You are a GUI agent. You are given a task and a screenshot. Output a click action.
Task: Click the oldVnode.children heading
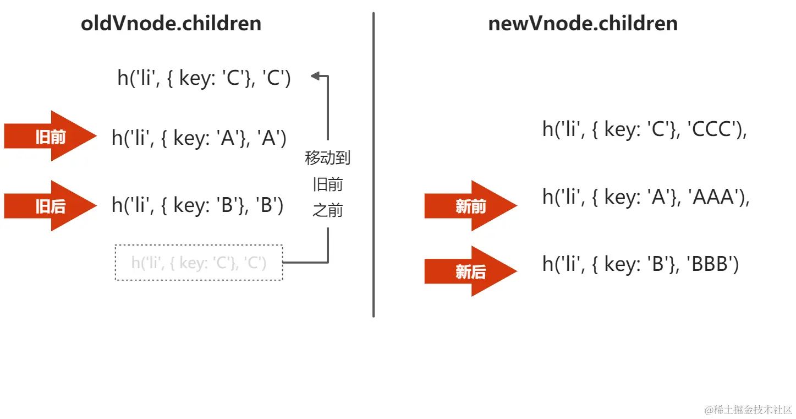(x=171, y=24)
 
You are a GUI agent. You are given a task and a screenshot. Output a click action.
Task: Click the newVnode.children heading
(x=583, y=24)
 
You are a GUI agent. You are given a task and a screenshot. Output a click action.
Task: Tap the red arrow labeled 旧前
(x=50, y=137)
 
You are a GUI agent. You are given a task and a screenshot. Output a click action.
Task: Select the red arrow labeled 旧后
(x=50, y=206)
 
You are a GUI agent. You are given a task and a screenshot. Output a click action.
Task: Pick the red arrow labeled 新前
(x=470, y=206)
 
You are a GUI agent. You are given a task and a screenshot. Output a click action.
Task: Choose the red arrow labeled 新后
(x=470, y=271)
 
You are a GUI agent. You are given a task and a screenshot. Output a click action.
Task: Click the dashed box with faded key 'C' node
(x=199, y=263)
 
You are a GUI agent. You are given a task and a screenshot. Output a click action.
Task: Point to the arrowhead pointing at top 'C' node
(x=316, y=76)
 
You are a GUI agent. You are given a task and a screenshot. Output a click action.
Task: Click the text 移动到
(x=328, y=159)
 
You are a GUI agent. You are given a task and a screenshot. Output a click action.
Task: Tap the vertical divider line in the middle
(x=374, y=165)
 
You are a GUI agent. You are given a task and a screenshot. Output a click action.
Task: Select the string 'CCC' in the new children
(x=712, y=130)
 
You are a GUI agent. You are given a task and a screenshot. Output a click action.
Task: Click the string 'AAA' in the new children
(x=714, y=197)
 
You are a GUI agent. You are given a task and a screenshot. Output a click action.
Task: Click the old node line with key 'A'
(x=199, y=138)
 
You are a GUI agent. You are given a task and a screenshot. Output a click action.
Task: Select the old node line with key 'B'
(x=197, y=205)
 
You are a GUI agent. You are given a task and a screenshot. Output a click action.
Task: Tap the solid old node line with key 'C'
(x=204, y=79)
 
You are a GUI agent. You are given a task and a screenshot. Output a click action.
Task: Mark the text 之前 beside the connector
(x=328, y=210)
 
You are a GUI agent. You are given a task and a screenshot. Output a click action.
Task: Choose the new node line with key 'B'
(x=640, y=264)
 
